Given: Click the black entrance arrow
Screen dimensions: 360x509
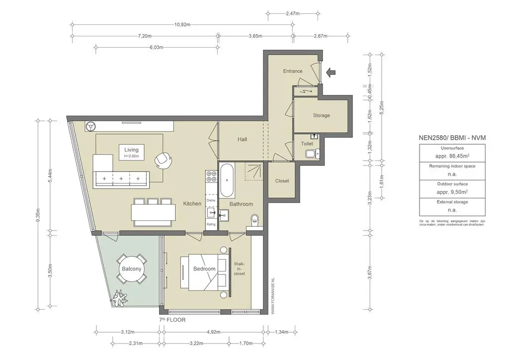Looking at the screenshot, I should pos(331,73).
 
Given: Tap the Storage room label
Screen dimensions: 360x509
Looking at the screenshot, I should pos(321,115).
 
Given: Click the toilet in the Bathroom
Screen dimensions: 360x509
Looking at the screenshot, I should pos(255,220).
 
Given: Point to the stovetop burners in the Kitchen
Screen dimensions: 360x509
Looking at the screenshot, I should pos(211,176).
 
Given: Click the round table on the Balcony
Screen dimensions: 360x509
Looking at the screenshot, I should pos(132,269).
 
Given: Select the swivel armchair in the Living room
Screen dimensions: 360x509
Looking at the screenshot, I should pos(163,159).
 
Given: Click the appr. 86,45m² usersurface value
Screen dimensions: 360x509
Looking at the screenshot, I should pos(452,156).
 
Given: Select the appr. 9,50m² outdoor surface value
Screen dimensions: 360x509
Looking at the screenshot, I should pos(452,191).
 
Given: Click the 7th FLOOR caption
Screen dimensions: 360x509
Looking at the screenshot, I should pos(172,320).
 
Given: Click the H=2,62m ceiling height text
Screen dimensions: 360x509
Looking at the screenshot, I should pos(132,156).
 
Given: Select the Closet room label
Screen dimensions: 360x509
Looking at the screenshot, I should pos(282,181).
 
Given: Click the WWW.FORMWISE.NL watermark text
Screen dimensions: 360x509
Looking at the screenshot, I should pos(273,296).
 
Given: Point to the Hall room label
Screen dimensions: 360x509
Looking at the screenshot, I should pos(242,140).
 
